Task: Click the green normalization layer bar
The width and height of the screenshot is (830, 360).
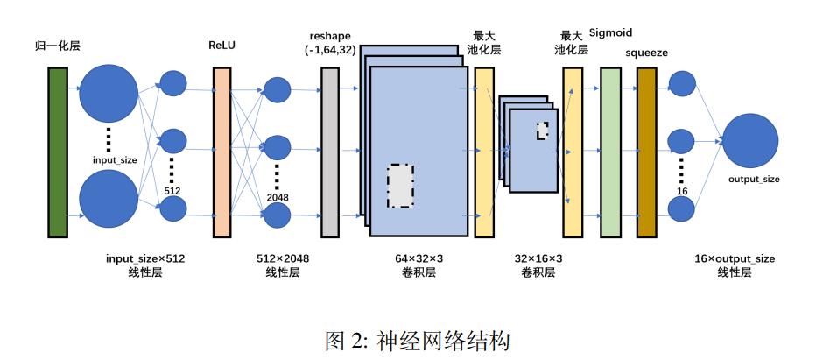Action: click(x=58, y=151)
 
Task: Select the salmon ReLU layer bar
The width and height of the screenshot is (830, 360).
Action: click(x=222, y=151)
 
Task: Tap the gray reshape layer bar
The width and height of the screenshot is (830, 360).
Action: click(x=330, y=151)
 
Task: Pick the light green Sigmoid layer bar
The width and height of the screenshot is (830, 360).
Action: click(x=610, y=151)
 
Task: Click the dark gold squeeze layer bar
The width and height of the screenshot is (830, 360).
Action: click(x=647, y=151)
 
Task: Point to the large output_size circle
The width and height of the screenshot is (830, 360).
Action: click(x=750, y=141)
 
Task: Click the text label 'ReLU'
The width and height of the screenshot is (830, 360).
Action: click(x=222, y=45)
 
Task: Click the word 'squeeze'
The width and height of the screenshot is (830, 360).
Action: click(x=647, y=53)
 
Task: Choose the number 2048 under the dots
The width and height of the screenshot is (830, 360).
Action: click(x=277, y=198)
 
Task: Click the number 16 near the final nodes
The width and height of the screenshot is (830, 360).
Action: click(x=681, y=191)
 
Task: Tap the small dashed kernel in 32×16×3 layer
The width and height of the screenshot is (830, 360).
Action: click(x=543, y=130)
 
